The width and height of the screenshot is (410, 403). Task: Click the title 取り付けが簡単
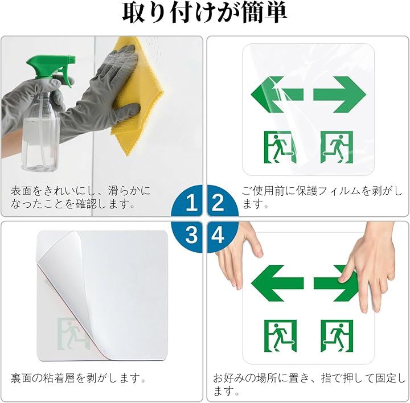click(205, 13)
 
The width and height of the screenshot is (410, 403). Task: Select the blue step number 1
click(192, 203)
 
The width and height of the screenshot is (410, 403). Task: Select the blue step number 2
click(218, 203)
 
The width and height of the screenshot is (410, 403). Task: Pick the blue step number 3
click(191, 235)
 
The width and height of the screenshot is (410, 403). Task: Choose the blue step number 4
click(218, 235)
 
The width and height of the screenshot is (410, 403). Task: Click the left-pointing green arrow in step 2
click(277, 94)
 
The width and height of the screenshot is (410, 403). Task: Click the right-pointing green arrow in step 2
click(339, 94)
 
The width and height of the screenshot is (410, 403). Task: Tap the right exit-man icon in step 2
click(337, 147)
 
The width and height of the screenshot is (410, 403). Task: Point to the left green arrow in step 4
click(277, 283)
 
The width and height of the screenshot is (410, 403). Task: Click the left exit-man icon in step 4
click(280, 336)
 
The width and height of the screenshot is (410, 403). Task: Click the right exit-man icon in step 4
click(337, 336)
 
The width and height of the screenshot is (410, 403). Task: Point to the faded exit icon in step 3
click(72, 334)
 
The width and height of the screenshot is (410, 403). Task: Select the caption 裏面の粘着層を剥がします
click(79, 378)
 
